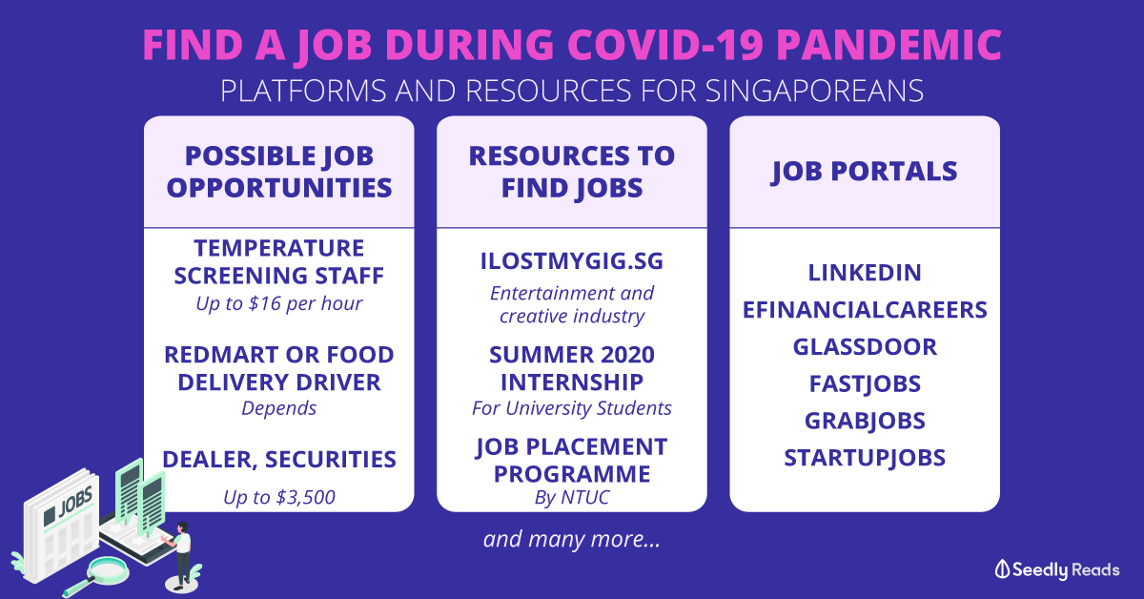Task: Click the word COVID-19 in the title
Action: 665,45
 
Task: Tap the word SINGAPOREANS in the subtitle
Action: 814,91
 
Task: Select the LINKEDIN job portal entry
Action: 865,273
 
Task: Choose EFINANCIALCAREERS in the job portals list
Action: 865,310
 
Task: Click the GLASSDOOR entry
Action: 865,346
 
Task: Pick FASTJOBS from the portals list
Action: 865,383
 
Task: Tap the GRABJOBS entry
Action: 865,421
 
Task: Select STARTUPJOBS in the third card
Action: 865,458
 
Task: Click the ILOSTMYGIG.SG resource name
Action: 571,261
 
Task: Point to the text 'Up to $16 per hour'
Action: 278,303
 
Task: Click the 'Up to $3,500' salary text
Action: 278,497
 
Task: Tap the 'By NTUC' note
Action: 571,497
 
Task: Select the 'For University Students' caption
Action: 571,408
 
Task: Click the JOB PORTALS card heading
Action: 864,172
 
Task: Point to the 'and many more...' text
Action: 571,539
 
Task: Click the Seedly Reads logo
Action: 1056,569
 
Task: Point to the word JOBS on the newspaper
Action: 75,502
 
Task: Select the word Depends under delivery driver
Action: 278,408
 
